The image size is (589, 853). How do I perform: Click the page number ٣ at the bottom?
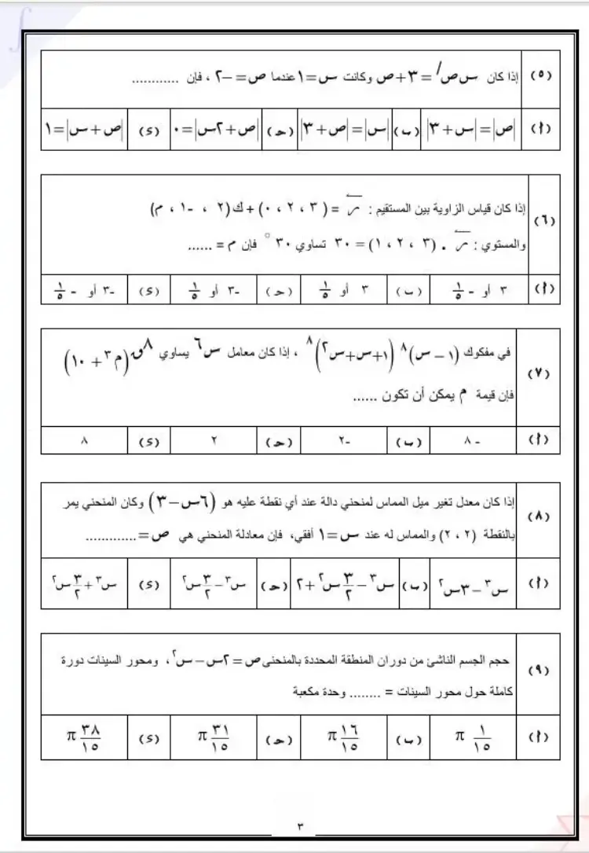[x=300, y=825]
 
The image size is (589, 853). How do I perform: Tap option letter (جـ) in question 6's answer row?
[x=279, y=289]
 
